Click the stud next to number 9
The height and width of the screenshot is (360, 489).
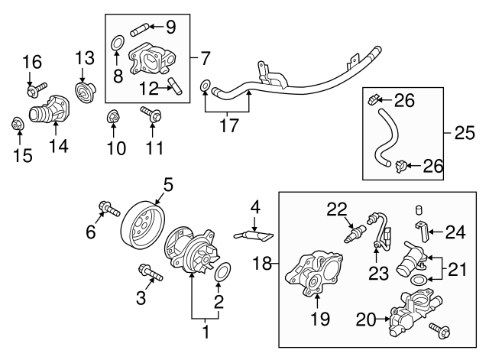click(144, 31)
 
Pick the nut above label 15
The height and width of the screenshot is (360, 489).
click(17, 123)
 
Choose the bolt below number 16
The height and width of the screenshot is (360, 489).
click(35, 92)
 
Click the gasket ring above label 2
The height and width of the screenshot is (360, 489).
click(223, 273)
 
